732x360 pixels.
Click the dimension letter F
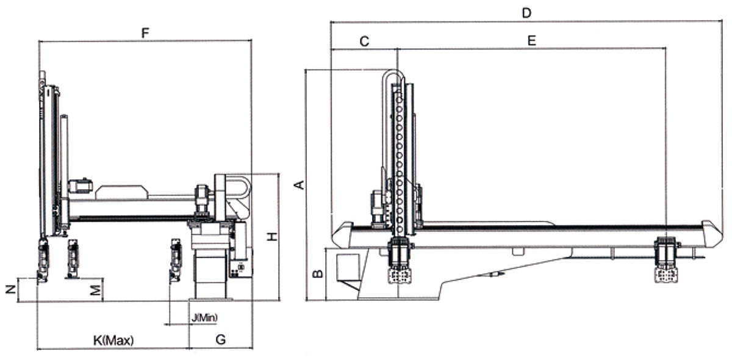[x=145, y=32]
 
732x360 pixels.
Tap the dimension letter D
[x=527, y=12]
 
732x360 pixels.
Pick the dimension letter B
[x=317, y=274]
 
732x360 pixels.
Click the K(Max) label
[x=113, y=340]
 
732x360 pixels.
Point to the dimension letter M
[x=95, y=289]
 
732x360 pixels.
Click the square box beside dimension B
[x=347, y=266]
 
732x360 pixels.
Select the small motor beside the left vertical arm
[x=80, y=186]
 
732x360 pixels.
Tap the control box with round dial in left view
[x=239, y=267]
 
